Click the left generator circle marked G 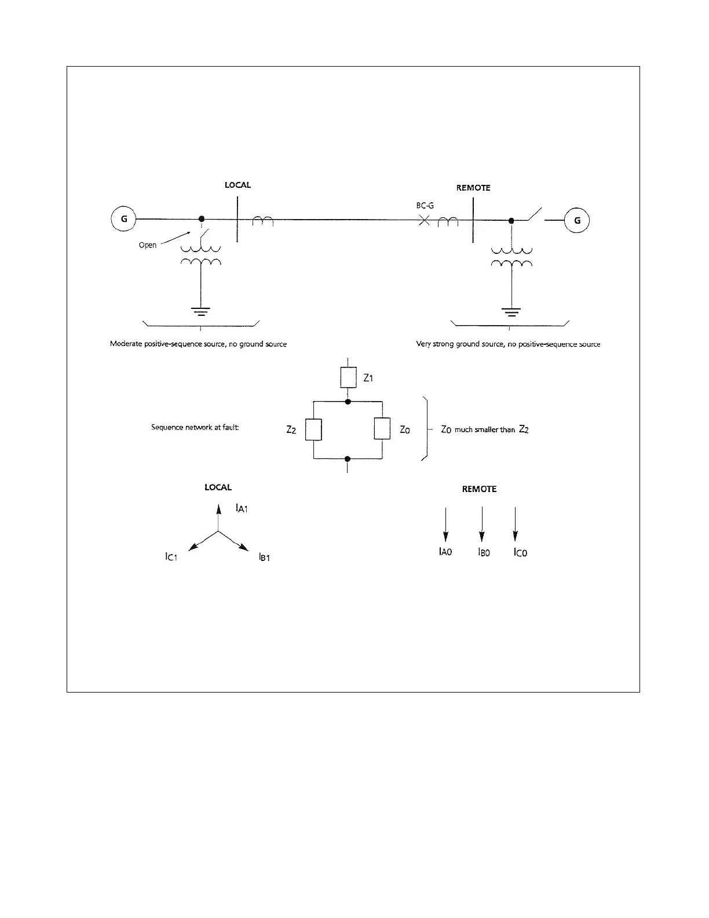pos(123,220)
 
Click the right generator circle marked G pos(577,221)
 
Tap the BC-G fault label pos(425,205)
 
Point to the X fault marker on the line pos(424,221)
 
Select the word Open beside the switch pos(147,245)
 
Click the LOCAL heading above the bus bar pos(237,185)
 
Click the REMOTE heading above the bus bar pos(473,188)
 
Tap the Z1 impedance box pos(348,378)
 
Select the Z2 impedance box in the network pos(313,429)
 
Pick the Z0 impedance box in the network pos(382,429)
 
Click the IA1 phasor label pos(242,509)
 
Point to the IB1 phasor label pos(264,558)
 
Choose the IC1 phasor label pos(171,557)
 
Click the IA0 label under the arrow pos(445,552)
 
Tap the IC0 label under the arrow pos(520,553)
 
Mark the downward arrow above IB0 pos(481,525)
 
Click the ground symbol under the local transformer pos(201,312)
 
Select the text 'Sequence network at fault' pos(195,428)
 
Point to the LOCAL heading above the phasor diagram pos(218,487)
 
